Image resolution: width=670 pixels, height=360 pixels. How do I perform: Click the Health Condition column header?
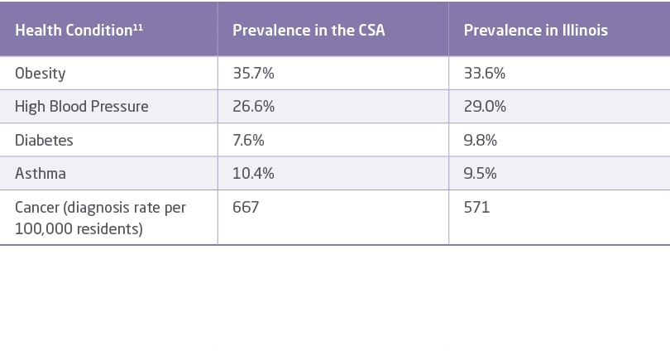(x=73, y=31)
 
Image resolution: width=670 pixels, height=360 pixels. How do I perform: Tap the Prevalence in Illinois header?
(x=535, y=31)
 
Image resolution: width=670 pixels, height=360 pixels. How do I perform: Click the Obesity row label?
(x=40, y=74)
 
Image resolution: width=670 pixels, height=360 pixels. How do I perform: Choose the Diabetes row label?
(x=44, y=140)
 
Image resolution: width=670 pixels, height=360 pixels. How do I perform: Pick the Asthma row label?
(x=41, y=174)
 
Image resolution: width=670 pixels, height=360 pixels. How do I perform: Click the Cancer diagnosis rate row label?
(x=100, y=217)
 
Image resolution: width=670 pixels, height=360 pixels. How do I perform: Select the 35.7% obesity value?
(x=253, y=74)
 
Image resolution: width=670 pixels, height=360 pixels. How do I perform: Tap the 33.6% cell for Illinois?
(x=485, y=74)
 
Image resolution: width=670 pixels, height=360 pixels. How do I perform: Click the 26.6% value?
(x=253, y=107)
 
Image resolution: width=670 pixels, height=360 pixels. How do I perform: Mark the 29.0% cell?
(x=485, y=107)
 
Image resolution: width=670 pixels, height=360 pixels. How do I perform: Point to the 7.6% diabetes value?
(x=248, y=140)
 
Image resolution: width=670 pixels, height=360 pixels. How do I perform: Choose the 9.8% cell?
(x=481, y=140)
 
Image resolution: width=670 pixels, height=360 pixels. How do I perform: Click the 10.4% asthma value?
(x=252, y=174)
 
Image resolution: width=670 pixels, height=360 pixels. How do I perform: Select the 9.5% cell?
(x=480, y=174)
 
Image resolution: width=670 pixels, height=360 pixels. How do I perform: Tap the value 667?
(x=246, y=207)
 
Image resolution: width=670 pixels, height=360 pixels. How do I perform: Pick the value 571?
(x=476, y=207)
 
